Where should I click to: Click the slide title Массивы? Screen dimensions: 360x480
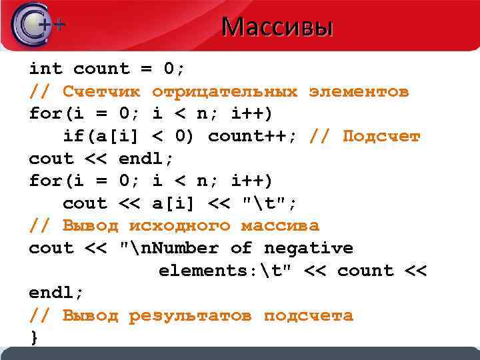[277, 27]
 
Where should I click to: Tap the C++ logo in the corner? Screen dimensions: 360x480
[37, 25]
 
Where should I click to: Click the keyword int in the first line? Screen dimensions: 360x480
[45, 69]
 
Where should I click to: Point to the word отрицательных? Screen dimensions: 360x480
[225, 91]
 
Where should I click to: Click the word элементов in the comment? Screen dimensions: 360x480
[359, 91]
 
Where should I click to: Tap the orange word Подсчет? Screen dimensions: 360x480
[381, 137]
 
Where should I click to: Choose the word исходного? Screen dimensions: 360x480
[179, 226]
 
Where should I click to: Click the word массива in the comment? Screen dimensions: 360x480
[280, 226]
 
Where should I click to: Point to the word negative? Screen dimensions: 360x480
[309, 249]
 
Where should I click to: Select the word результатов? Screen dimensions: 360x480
[191, 315]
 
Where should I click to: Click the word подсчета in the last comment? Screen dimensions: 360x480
[309, 315]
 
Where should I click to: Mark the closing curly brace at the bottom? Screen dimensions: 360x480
[34, 338]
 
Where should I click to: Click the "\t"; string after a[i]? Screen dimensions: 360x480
[269, 203]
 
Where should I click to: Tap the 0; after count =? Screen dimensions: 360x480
[175, 69]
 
